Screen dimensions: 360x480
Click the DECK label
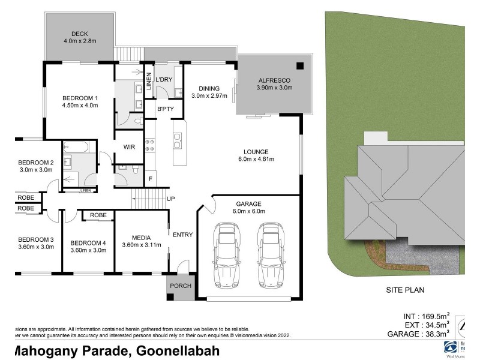(80, 34)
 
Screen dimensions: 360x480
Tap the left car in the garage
(227, 255)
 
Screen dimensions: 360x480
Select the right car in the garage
(269, 255)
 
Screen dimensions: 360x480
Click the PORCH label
(181, 286)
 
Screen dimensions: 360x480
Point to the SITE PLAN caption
(405, 290)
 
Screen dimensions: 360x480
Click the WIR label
(129, 146)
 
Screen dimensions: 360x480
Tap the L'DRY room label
(164, 80)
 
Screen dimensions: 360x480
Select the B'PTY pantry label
(165, 109)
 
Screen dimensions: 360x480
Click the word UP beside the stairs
(171, 199)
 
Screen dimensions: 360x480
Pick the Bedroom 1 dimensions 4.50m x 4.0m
(80, 106)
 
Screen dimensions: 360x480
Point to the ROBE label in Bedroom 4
(98, 215)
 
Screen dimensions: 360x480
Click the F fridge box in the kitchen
(151, 178)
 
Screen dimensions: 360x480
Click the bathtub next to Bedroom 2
(76, 146)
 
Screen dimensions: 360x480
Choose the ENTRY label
(182, 235)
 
